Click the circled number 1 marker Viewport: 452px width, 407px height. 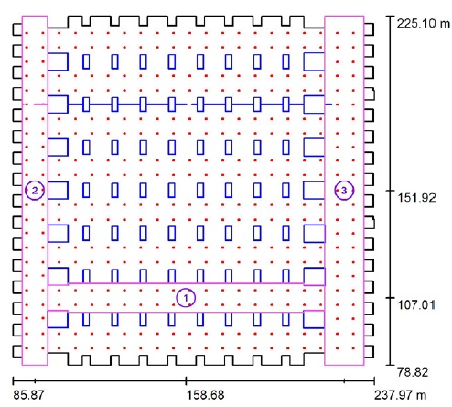(x=186, y=298)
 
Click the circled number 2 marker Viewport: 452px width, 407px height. (x=35, y=191)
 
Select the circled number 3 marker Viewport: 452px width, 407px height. (x=344, y=191)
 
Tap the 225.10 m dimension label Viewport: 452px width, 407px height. (x=424, y=23)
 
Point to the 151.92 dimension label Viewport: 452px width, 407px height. (x=416, y=198)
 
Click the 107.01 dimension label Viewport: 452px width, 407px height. (x=416, y=304)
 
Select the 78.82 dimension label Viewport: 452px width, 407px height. (x=413, y=372)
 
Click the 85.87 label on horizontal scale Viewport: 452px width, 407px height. (x=28, y=395)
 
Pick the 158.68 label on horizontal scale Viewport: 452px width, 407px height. (x=206, y=395)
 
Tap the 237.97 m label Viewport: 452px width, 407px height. (x=400, y=395)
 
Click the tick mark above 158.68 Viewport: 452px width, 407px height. (x=186, y=380)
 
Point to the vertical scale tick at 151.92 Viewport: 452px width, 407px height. (x=391, y=191)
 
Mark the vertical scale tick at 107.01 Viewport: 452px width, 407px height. (x=391, y=297)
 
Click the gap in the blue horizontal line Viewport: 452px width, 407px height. (x=189, y=104)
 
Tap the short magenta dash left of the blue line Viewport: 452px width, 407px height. (x=40, y=104)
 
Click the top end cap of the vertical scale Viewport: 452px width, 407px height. (x=391, y=16)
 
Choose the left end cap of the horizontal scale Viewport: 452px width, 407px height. (x=13, y=380)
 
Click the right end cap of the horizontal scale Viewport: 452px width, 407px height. (x=374, y=380)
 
